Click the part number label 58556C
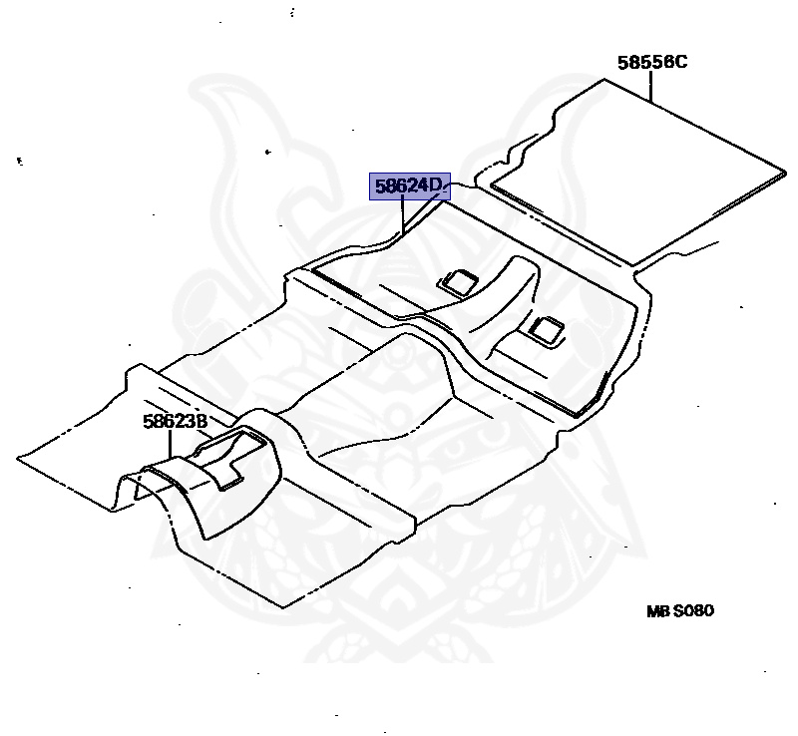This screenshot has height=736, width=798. [x=651, y=62]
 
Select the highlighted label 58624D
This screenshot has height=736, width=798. [x=410, y=185]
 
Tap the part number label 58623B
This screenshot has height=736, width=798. [x=175, y=421]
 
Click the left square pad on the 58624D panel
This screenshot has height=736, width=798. [x=458, y=281]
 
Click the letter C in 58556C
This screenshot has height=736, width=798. [x=681, y=62]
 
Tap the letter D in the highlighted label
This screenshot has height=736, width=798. [x=440, y=185]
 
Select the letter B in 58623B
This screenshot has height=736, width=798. [x=200, y=421]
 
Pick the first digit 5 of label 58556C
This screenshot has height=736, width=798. [x=622, y=62]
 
